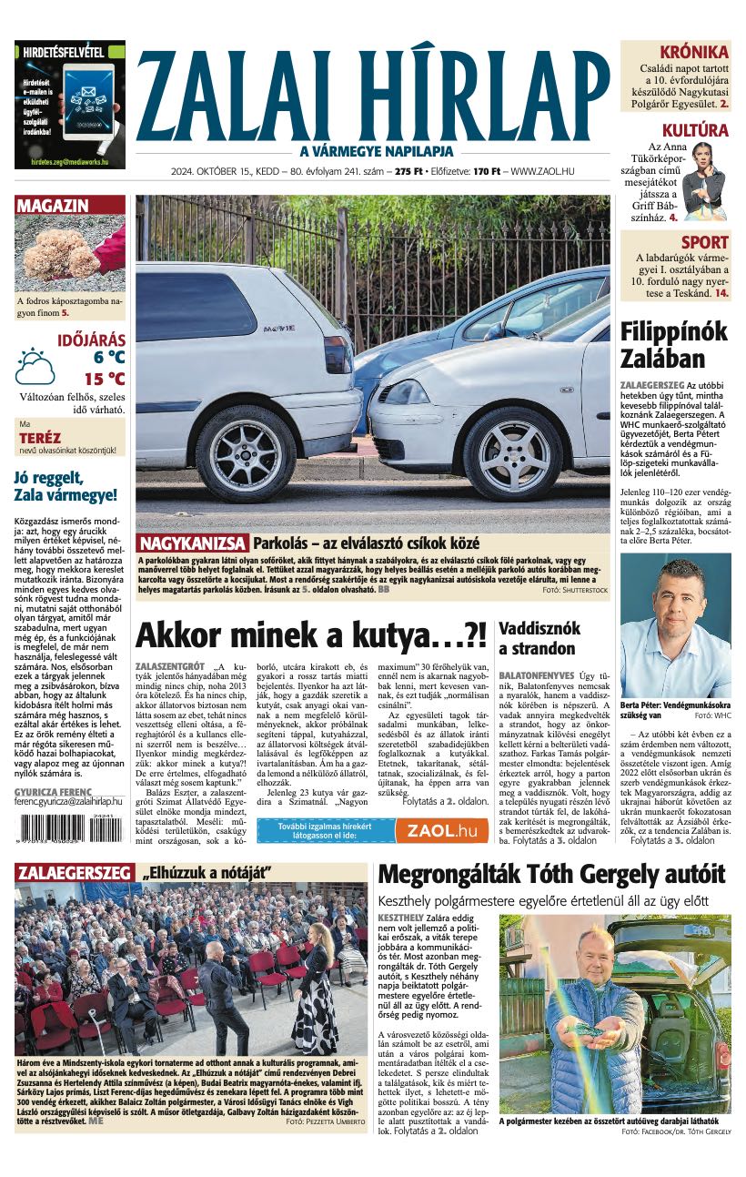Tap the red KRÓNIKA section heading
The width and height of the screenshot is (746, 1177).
pos(694,52)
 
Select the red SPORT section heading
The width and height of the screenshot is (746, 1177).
pos(705,242)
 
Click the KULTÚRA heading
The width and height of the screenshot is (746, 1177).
pos(695,130)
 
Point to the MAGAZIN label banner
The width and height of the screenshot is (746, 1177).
pos(53,206)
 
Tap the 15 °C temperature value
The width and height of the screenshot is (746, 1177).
pos(105,379)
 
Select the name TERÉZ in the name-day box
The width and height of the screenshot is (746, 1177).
pos(40,438)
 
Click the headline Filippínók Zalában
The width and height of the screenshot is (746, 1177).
pos(673,344)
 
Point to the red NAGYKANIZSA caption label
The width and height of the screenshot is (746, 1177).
pos(193,543)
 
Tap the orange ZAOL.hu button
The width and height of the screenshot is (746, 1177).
pos(442,830)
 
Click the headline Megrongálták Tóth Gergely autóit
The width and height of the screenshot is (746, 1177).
pos(551,875)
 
